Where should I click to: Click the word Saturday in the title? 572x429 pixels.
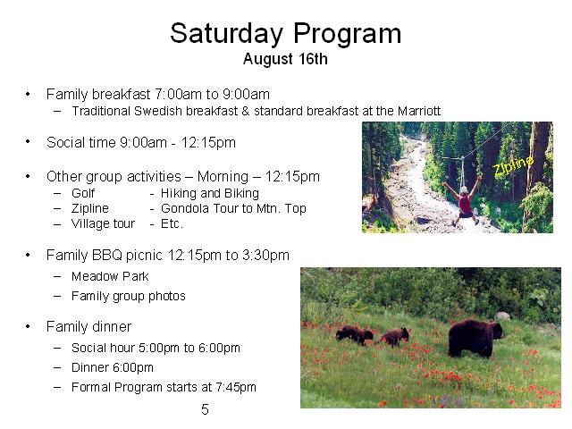coord(226,34)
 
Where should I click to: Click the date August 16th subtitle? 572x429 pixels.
coord(285,59)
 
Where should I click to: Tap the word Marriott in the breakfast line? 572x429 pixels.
coord(419,111)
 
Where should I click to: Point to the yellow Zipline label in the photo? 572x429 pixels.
coord(513,165)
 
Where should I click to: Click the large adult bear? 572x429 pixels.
coord(475,338)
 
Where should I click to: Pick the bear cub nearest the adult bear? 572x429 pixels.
coord(394,337)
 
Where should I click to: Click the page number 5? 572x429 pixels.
coord(205,409)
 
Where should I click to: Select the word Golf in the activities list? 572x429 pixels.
coord(83,193)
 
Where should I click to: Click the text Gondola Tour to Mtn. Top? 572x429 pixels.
coord(233,208)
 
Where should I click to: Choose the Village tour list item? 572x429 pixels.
coord(104,223)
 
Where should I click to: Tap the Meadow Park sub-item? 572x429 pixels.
coord(110,276)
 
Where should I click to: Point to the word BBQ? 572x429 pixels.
coord(107,255)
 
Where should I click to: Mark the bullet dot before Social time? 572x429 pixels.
coord(28,142)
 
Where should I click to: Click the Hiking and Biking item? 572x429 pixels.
coord(210,193)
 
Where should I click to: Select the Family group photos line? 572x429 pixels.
coord(129,296)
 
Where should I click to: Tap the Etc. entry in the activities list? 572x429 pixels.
coord(172,223)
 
